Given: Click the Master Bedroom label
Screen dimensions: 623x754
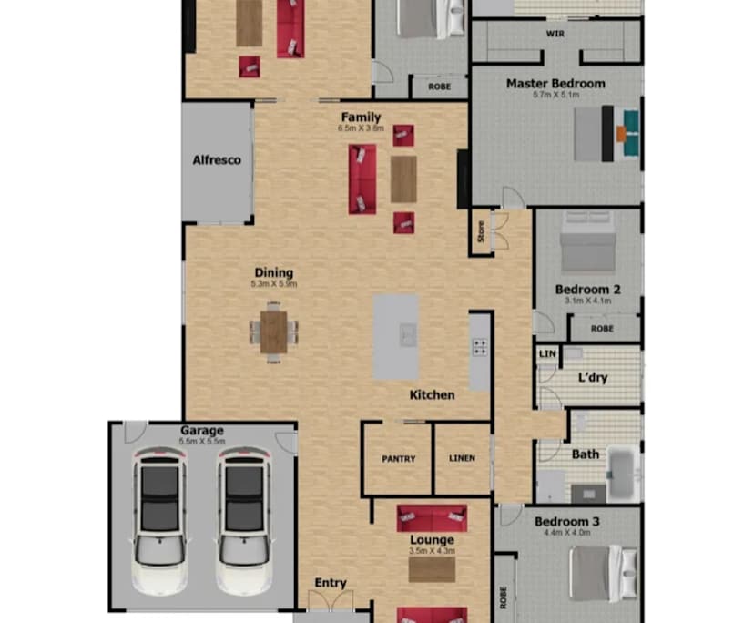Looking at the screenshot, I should coord(555,83).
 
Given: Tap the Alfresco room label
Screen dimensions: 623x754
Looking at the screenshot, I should coord(217,159).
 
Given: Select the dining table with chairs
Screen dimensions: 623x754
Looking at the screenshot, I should coord(273,331).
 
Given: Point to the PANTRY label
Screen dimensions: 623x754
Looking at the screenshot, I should coord(397,459).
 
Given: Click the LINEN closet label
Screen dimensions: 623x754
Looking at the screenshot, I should coord(462,459).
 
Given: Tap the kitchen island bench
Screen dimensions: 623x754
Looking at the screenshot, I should coord(396,337).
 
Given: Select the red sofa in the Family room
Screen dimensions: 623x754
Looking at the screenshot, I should coord(362,179).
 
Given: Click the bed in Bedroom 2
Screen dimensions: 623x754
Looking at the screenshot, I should coord(588,245).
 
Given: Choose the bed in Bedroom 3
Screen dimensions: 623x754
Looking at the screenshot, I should coord(596,571).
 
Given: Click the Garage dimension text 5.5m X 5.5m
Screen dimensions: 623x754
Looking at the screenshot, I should coord(201,442).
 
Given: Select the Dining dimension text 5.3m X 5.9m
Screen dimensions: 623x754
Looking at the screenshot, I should coord(274,284).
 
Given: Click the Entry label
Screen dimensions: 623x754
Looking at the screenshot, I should coord(331,583).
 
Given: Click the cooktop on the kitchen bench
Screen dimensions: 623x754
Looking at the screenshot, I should coord(479,347).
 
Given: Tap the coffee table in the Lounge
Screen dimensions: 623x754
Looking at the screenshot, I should coord(432,569).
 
